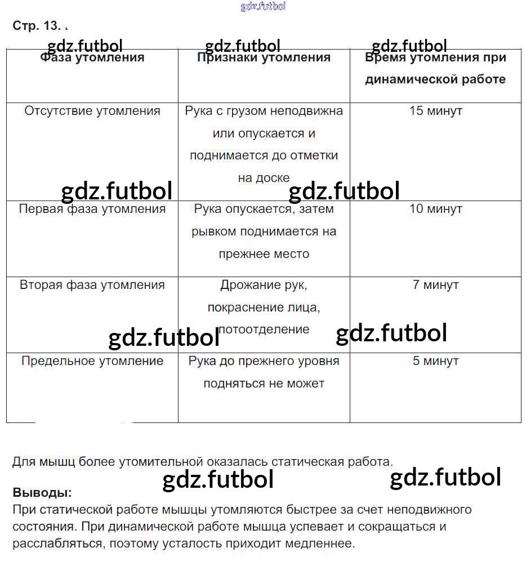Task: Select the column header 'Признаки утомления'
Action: point(264,57)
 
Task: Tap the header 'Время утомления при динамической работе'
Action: point(435,68)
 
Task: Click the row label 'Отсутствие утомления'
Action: point(92,111)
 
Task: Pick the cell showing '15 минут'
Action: point(435,111)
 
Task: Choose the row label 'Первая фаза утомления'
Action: point(92,209)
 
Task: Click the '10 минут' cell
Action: point(435,209)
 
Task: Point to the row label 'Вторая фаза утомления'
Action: point(92,285)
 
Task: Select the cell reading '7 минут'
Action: point(435,285)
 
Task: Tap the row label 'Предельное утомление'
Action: point(92,361)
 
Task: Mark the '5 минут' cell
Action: point(435,361)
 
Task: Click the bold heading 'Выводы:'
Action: point(42,492)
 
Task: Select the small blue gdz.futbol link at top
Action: point(263,7)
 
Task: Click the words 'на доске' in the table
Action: point(264,178)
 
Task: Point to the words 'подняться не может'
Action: point(264,384)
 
